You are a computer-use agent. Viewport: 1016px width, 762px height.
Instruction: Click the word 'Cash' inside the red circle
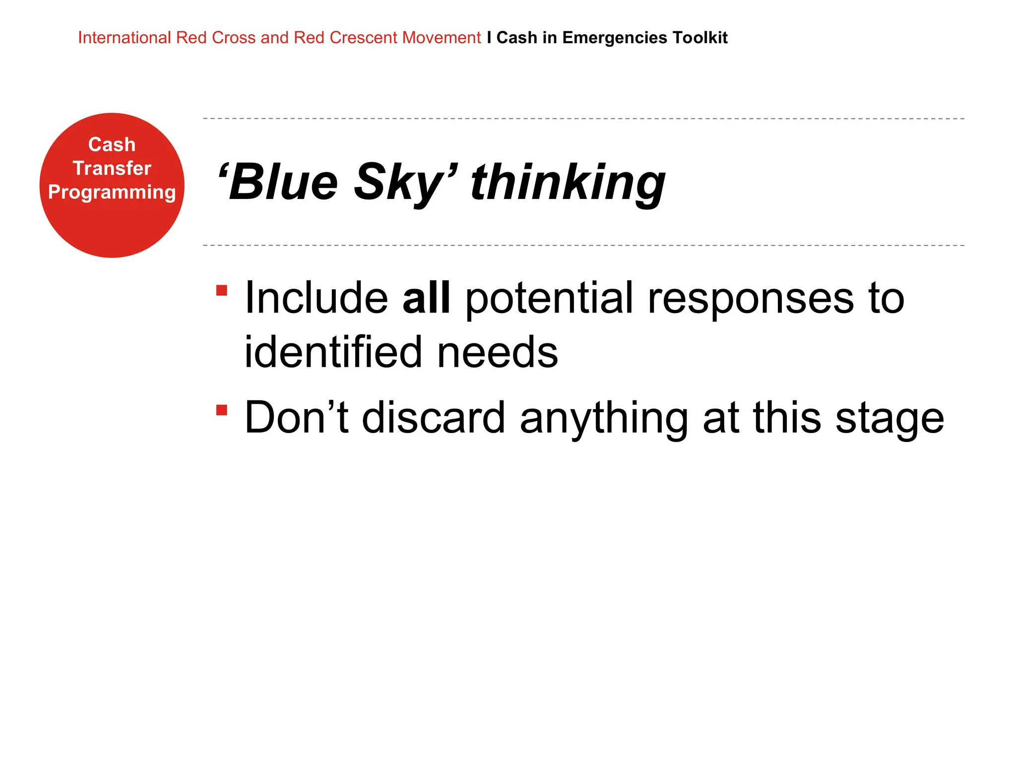pos(112,144)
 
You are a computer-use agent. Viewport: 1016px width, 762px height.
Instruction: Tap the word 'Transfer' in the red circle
pos(112,168)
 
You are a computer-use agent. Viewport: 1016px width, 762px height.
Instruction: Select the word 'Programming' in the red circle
pos(112,192)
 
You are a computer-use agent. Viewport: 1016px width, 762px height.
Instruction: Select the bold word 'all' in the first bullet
pos(426,298)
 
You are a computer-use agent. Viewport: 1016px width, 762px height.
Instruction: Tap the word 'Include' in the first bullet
pos(316,298)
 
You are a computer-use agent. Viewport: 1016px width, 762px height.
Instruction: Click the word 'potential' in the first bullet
pos(549,298)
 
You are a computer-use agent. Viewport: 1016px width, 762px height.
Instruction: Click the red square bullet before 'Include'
pos(222,290)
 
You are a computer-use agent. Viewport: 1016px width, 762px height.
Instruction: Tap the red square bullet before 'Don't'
pos(222,410)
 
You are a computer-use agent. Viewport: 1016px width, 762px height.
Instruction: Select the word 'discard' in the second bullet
pos(433,418)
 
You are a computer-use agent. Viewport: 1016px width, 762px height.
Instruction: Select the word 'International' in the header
pos(124,38)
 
